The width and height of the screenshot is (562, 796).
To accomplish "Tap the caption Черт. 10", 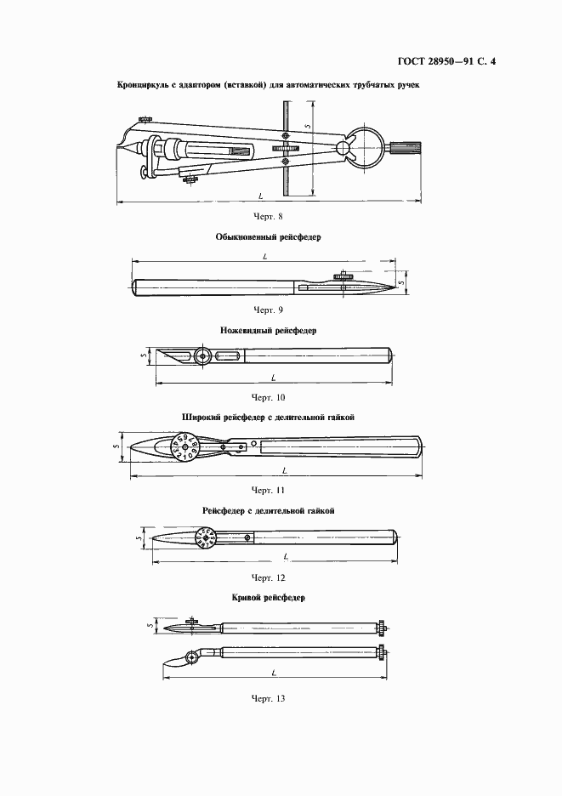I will point(269,396).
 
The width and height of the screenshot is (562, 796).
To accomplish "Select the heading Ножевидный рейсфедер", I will point(268,330).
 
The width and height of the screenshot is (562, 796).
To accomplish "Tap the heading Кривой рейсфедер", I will point(268,598).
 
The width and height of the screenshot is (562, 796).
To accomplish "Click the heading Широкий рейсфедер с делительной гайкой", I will point(268,418).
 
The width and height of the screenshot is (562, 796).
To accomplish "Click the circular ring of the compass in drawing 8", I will point(367,147).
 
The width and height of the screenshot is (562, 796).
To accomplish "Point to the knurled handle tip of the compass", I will point(402,147).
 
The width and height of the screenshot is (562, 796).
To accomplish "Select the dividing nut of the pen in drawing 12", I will point(207,537).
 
